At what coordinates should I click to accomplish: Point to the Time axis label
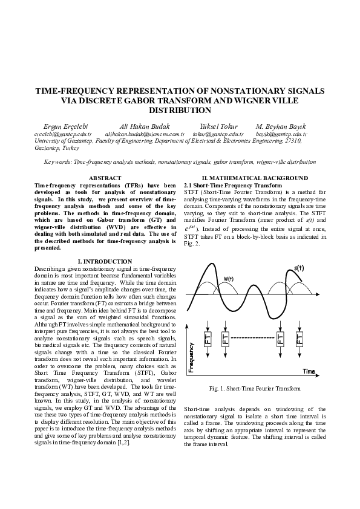coord(309,370)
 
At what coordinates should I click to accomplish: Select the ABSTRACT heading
coord(105,178)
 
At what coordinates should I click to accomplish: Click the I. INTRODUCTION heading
coord(105,261)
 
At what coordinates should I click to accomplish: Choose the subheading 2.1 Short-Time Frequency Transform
coord(233,184)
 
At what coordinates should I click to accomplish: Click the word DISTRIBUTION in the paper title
coord(180,111)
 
